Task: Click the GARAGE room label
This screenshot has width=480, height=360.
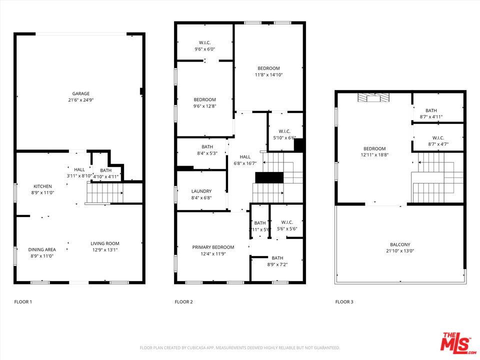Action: [x=80, y=93]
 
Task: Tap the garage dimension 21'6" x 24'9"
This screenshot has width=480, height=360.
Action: [x=80, y=100]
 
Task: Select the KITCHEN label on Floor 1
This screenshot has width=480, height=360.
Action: [x=42, y=186]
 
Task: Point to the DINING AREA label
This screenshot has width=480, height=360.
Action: [x=42, y=249]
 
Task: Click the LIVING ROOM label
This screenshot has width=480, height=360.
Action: [x=105, y=243]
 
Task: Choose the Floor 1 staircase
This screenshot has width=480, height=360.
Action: [x=105, y=193]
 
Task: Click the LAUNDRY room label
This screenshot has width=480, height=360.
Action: [x=201, y=191]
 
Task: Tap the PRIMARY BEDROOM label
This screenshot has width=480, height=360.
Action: [x=213, y=247]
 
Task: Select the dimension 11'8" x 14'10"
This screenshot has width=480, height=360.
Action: [x=268, y=75]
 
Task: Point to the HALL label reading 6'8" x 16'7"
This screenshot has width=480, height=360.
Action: [x=245, y=156]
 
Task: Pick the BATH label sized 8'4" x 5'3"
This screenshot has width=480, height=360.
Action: [x=207, y=146]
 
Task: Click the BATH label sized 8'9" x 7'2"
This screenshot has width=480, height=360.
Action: [x=277, y=258]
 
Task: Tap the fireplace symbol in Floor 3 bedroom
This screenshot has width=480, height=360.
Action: [x=373, y=98]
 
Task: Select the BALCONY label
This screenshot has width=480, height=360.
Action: [x=400, y=244]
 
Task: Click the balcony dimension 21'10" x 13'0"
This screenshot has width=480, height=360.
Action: [x=400, y=251]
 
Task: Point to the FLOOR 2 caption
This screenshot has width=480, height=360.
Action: [x=183, y=302]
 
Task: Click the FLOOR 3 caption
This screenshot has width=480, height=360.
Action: [x=344, y=302]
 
